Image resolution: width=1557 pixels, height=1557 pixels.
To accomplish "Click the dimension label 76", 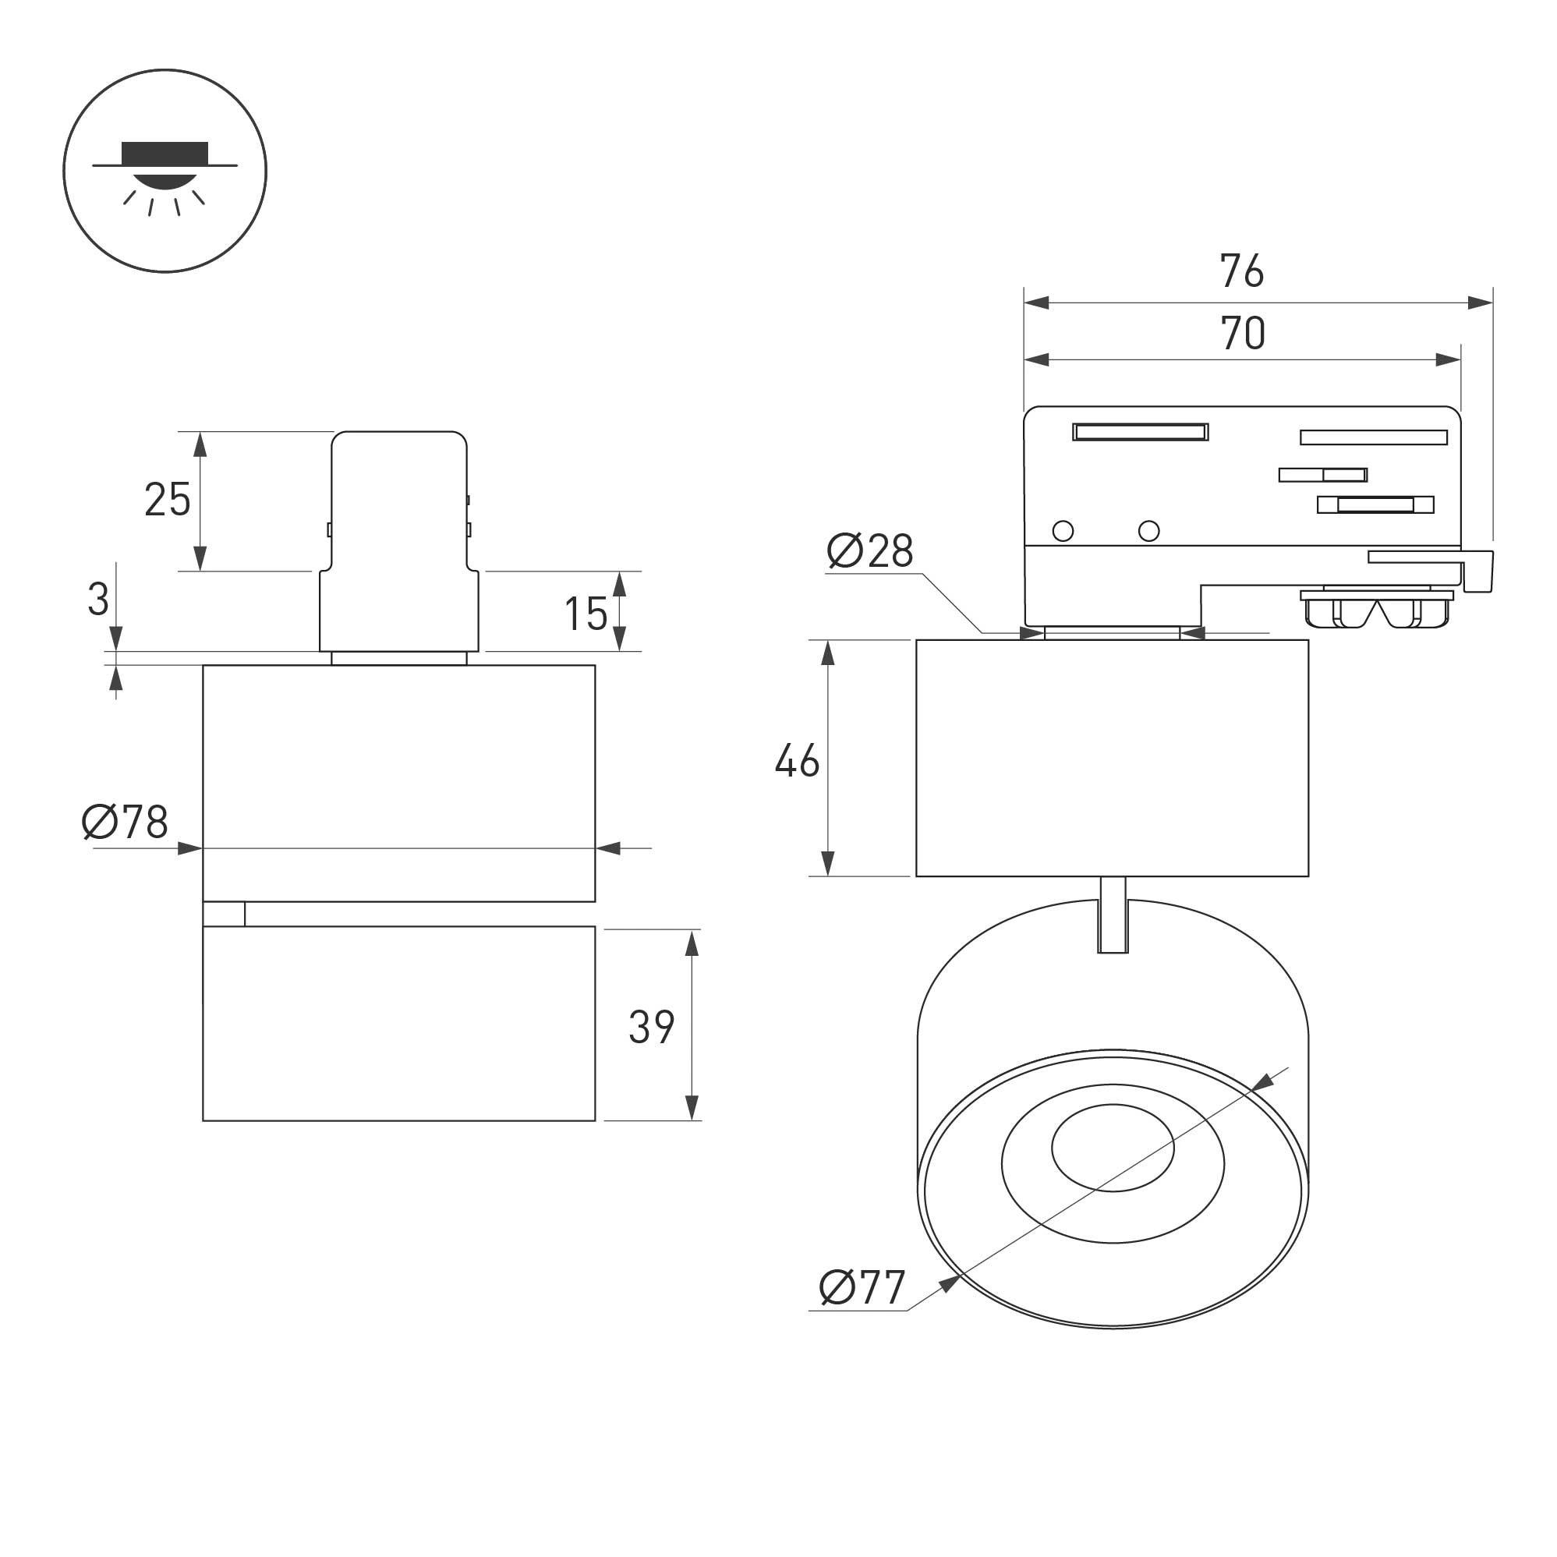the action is coord(1242,271).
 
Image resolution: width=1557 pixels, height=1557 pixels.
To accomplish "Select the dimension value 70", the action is coord(1243,333).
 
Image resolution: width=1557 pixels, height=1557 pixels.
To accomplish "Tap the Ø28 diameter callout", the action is coord(870,551).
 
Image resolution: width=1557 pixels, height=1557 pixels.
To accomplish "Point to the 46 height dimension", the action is coord(797,760).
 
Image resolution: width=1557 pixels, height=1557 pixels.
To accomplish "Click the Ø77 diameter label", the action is coord(862,1287).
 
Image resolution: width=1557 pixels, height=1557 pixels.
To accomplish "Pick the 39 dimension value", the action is coord(651,1027).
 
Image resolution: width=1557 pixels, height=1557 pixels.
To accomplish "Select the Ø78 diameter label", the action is coord(125,822).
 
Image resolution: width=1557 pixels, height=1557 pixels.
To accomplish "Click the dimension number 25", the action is coord(168,499).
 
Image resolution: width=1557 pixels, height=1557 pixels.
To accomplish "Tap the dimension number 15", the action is coord(586,614).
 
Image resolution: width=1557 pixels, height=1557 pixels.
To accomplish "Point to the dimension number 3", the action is coord(98,600).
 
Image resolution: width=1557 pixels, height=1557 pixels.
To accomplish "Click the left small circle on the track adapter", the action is coord(1063,530).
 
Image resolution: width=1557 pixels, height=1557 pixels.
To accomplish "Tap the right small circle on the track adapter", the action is coord(1148,530).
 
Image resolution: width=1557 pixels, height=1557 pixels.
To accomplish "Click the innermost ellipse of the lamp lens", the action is coord(1112,1147).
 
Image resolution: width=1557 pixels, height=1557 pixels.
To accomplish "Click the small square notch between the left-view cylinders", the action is coord(224,914).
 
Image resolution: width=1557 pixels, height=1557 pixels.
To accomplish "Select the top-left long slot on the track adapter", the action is coord(1141,432).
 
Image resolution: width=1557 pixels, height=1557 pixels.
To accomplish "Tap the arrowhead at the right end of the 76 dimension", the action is coord(1481,303).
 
